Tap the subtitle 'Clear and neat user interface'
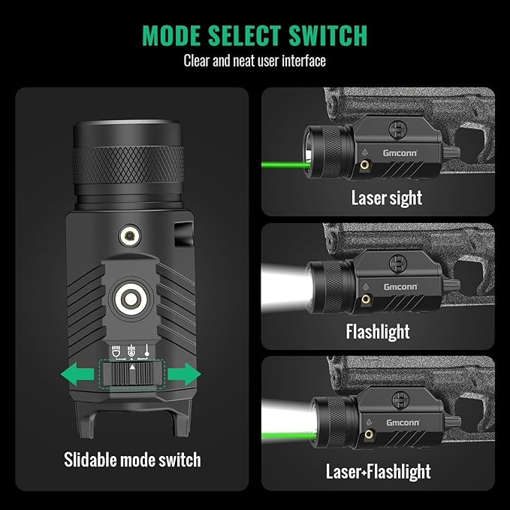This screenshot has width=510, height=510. point(255,61)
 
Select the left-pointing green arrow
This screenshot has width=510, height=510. point(77,373)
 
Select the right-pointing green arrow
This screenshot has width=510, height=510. point(183,373)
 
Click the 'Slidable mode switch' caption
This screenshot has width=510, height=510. point(131,458)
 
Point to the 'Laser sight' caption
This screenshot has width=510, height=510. point(387,198)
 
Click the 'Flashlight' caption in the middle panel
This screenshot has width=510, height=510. point(378,331)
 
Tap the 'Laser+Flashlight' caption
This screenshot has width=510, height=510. point(378,471)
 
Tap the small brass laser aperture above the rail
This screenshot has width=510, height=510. point(131,238)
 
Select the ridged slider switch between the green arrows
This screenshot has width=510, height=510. point(131,374)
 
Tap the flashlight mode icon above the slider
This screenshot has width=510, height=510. point(116,350)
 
